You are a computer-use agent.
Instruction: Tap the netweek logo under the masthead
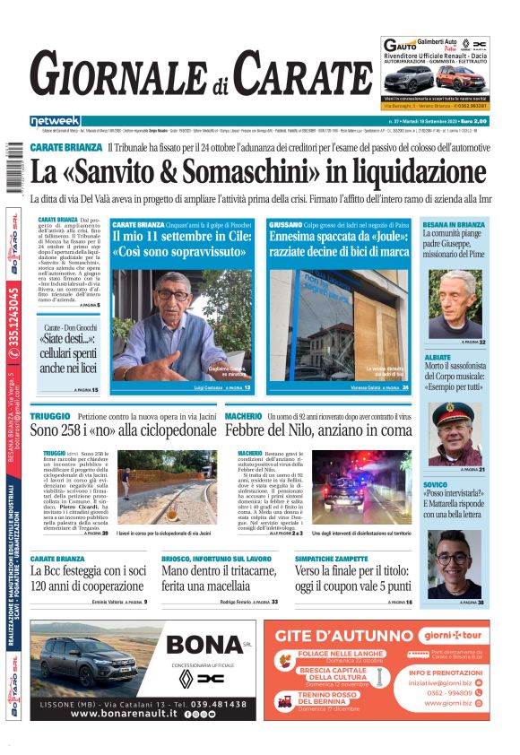click(x=55, y=120)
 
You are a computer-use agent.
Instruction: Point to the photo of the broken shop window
click(x=338, y=324)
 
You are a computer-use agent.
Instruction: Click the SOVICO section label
click(x=436, y=484)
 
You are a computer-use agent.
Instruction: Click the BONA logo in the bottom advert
click(x=205, y=644)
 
